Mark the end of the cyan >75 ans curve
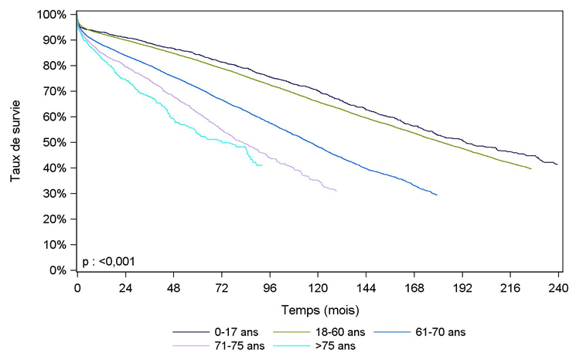coord(262,165)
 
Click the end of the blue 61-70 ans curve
coord(437,195)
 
